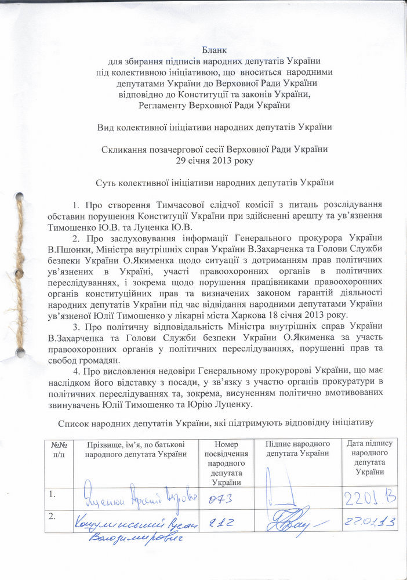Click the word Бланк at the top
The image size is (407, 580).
(215, 50)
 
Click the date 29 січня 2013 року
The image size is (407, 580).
(215, 159)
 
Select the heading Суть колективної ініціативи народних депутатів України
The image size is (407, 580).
(215, 183)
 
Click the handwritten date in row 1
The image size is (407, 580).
(369, 498)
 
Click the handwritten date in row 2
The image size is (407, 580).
(369, 523)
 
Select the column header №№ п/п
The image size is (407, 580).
(60, 448)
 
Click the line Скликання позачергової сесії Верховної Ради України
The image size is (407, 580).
(215, 149)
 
